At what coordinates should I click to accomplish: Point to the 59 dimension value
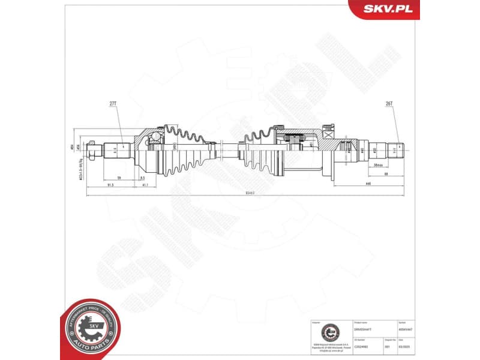pos(119,178)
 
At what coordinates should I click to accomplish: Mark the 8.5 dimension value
pos(142,178)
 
